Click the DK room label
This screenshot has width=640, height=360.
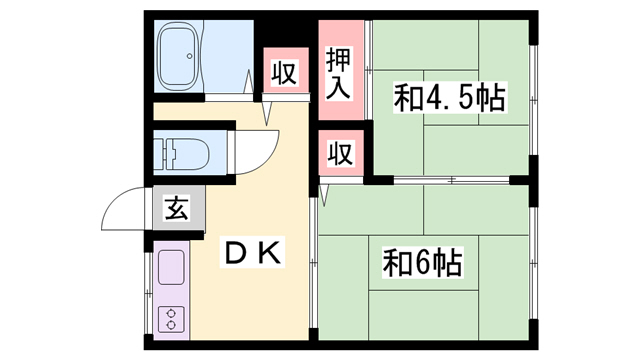coord(252,253)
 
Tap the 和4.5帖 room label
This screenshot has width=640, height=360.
coord(448,98)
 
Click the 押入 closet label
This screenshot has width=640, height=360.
coord(339,73)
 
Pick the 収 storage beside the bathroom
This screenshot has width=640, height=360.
coord(285,73)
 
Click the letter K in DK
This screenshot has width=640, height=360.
coord(272,253)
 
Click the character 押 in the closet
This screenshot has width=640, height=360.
coord(339,57)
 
